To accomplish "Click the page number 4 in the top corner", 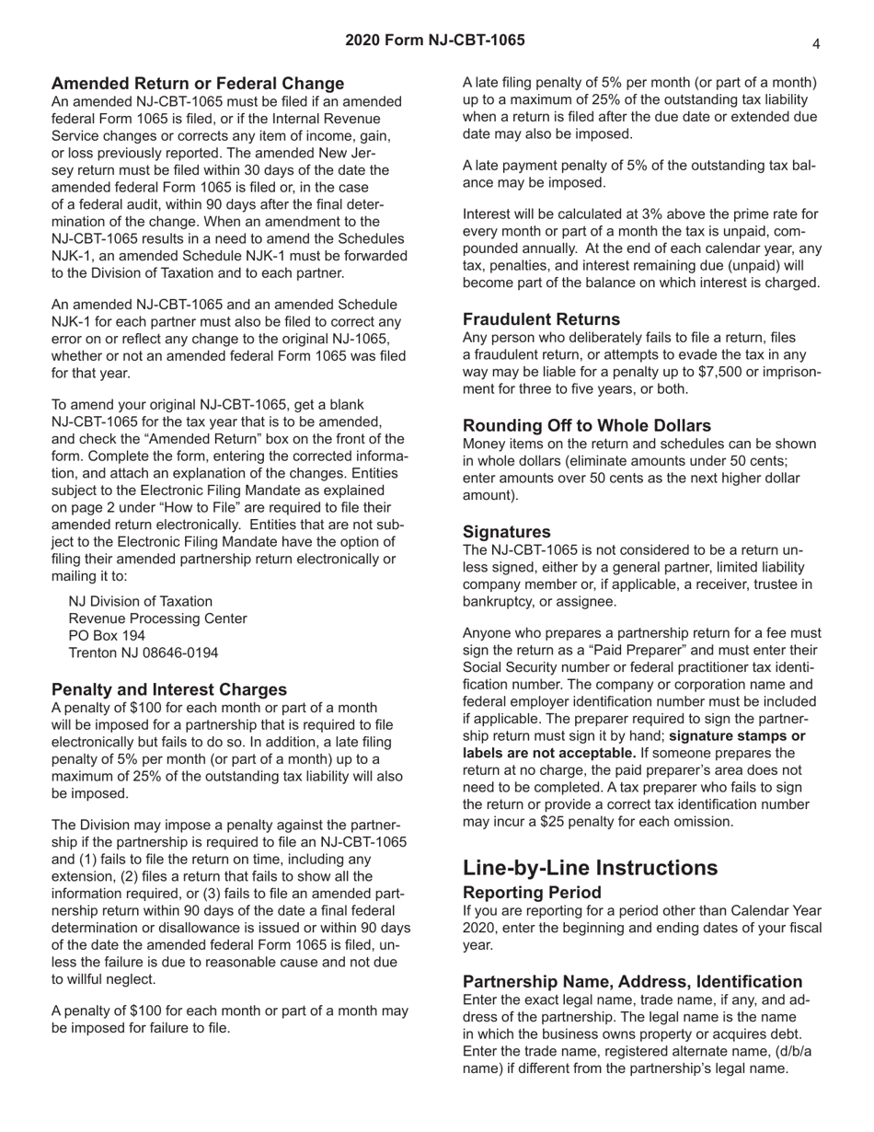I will pyautogui.click(x=816, y=42).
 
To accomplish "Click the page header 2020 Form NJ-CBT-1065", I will pyautogui.click(x=435, y=40).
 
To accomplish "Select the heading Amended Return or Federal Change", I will pyautogui.click(x=198, y=84).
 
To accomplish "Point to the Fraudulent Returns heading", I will pyautogui.click(x=541, y=319).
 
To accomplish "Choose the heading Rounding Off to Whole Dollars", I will pyautogui.click(x=586, y=425).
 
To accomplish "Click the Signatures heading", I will pyautogui.click(x=506, y=531).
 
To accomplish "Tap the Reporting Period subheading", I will pyautogui.click(x=532, y=893).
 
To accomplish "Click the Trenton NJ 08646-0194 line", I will pyautogui.click(x=144, y=653).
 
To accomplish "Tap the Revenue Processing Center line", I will pyautogui.click(x=158, y=618).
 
